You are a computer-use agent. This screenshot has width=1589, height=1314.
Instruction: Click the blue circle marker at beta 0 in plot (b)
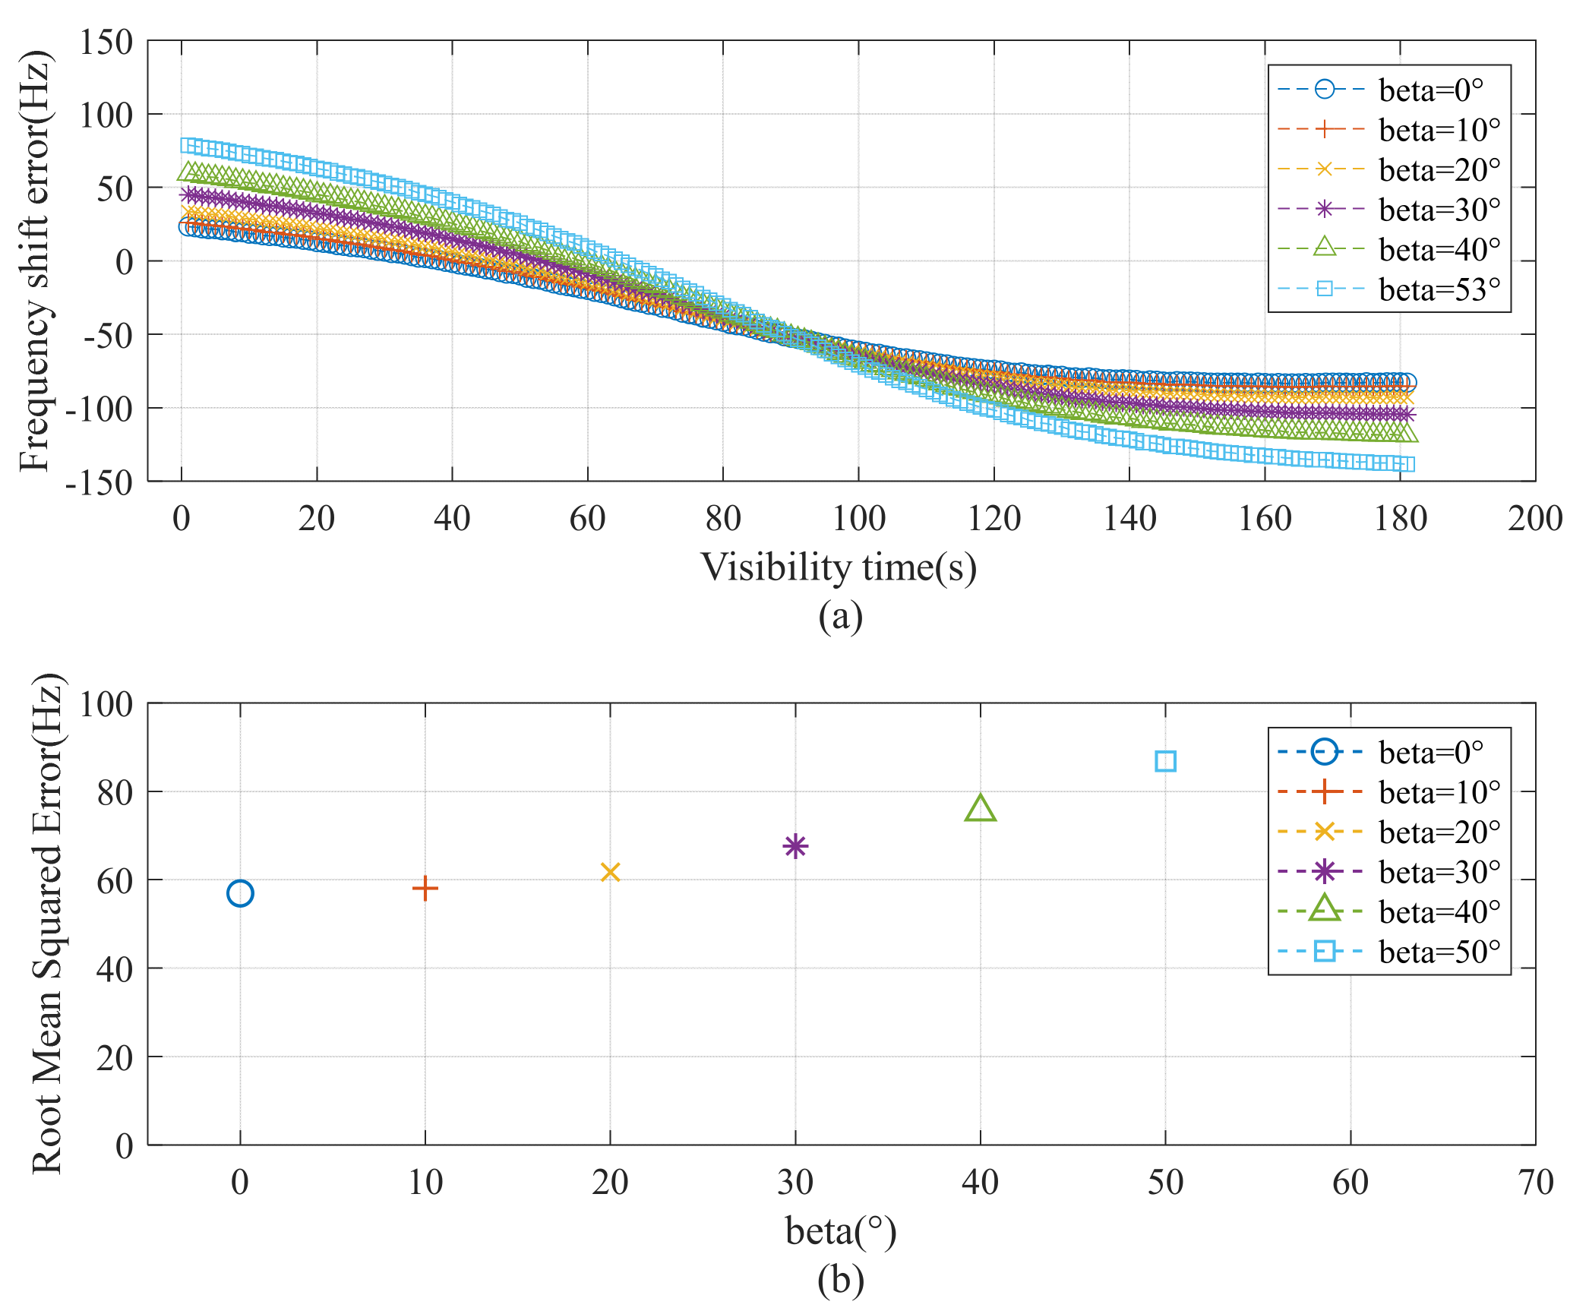click(240, 893)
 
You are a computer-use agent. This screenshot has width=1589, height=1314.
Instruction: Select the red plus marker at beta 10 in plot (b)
click(425, 888)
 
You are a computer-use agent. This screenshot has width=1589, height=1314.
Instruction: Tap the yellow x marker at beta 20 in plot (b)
click(610, 872)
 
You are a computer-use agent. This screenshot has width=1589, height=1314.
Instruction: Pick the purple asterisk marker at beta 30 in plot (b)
click(795, 845)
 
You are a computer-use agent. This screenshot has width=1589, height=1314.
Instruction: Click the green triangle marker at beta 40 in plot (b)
click(981, 809)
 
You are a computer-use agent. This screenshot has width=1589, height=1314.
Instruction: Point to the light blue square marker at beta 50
click(1165, 761)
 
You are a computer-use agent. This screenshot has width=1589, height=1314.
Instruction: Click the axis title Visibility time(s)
click(839, 567)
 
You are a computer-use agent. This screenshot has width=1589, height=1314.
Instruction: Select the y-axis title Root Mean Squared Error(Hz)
click(47, 924)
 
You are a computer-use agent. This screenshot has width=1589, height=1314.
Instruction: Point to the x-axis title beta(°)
click(841, 1230)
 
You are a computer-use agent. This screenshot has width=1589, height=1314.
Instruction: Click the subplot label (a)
click(840, 616)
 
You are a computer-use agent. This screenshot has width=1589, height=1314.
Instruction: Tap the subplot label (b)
click(840, 1280)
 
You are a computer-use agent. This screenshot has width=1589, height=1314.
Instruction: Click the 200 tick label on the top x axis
click(1535, 519)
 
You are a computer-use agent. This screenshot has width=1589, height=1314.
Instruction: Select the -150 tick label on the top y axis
click(99, 482)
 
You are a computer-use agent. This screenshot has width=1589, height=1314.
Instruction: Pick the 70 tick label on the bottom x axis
click(1535, 1183)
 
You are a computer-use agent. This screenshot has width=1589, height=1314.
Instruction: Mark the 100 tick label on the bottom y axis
click(106, 704)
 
